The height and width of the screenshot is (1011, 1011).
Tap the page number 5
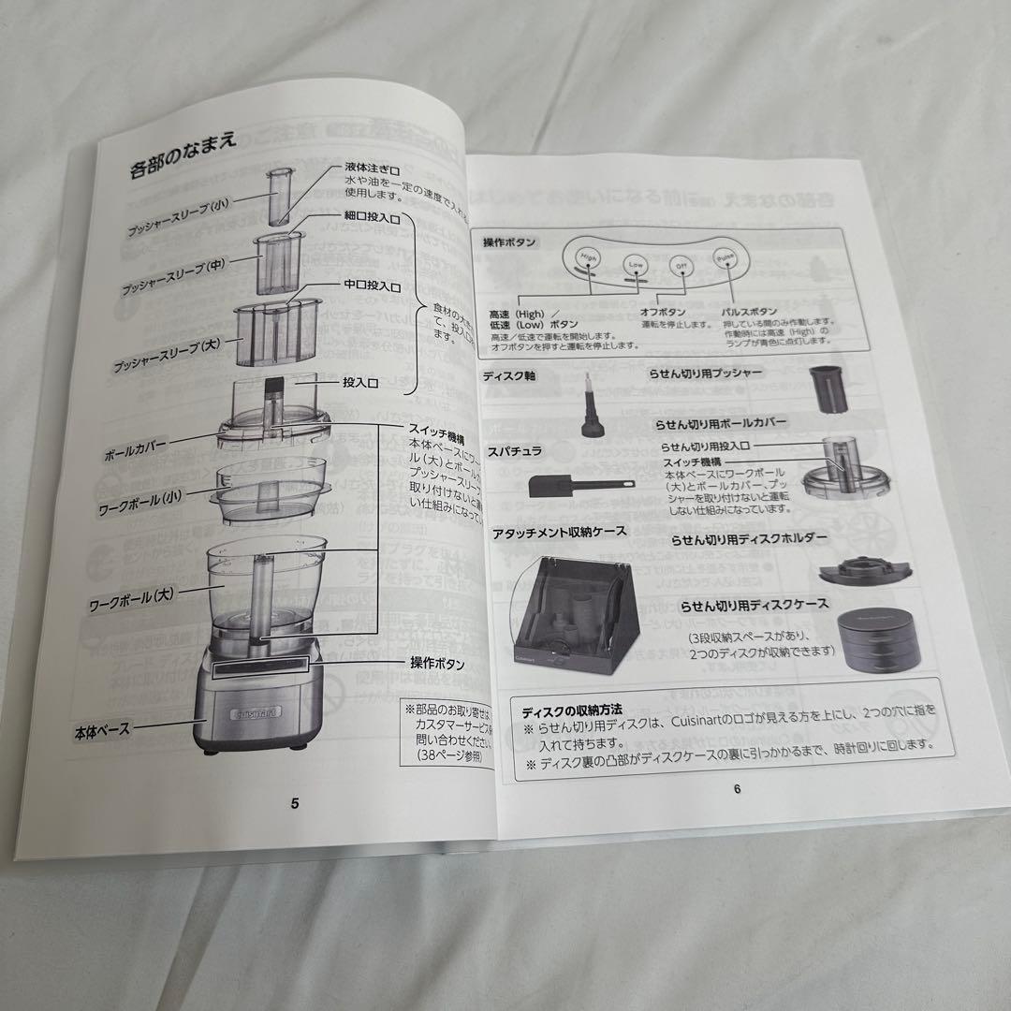coord(295,802)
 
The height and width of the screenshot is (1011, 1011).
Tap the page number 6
coord(737,788)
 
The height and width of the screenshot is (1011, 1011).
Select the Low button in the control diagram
coord(636,266)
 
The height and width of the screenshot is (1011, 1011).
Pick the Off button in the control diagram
coord(681,265)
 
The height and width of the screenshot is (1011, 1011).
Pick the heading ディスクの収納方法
coord(572,710)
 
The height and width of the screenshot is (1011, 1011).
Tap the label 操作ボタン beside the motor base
coord(437,663)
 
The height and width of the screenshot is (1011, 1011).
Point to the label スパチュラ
coord(513,451)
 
